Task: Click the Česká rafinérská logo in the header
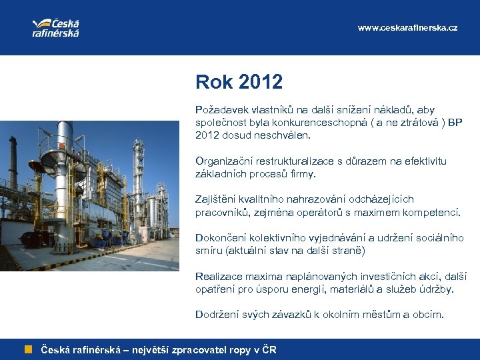pyautogui.click(x=55, y=27)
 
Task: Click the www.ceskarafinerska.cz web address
pyautogui.click(x=407, y=28)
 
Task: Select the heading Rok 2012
pyautogui.click(x=239, y=82)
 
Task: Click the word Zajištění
pyautogui.click(x=215, y=199)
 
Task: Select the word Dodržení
pyautogui.click(x=217, y=315)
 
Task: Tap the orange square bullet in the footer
pyautogui.click(x=29, y=349)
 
